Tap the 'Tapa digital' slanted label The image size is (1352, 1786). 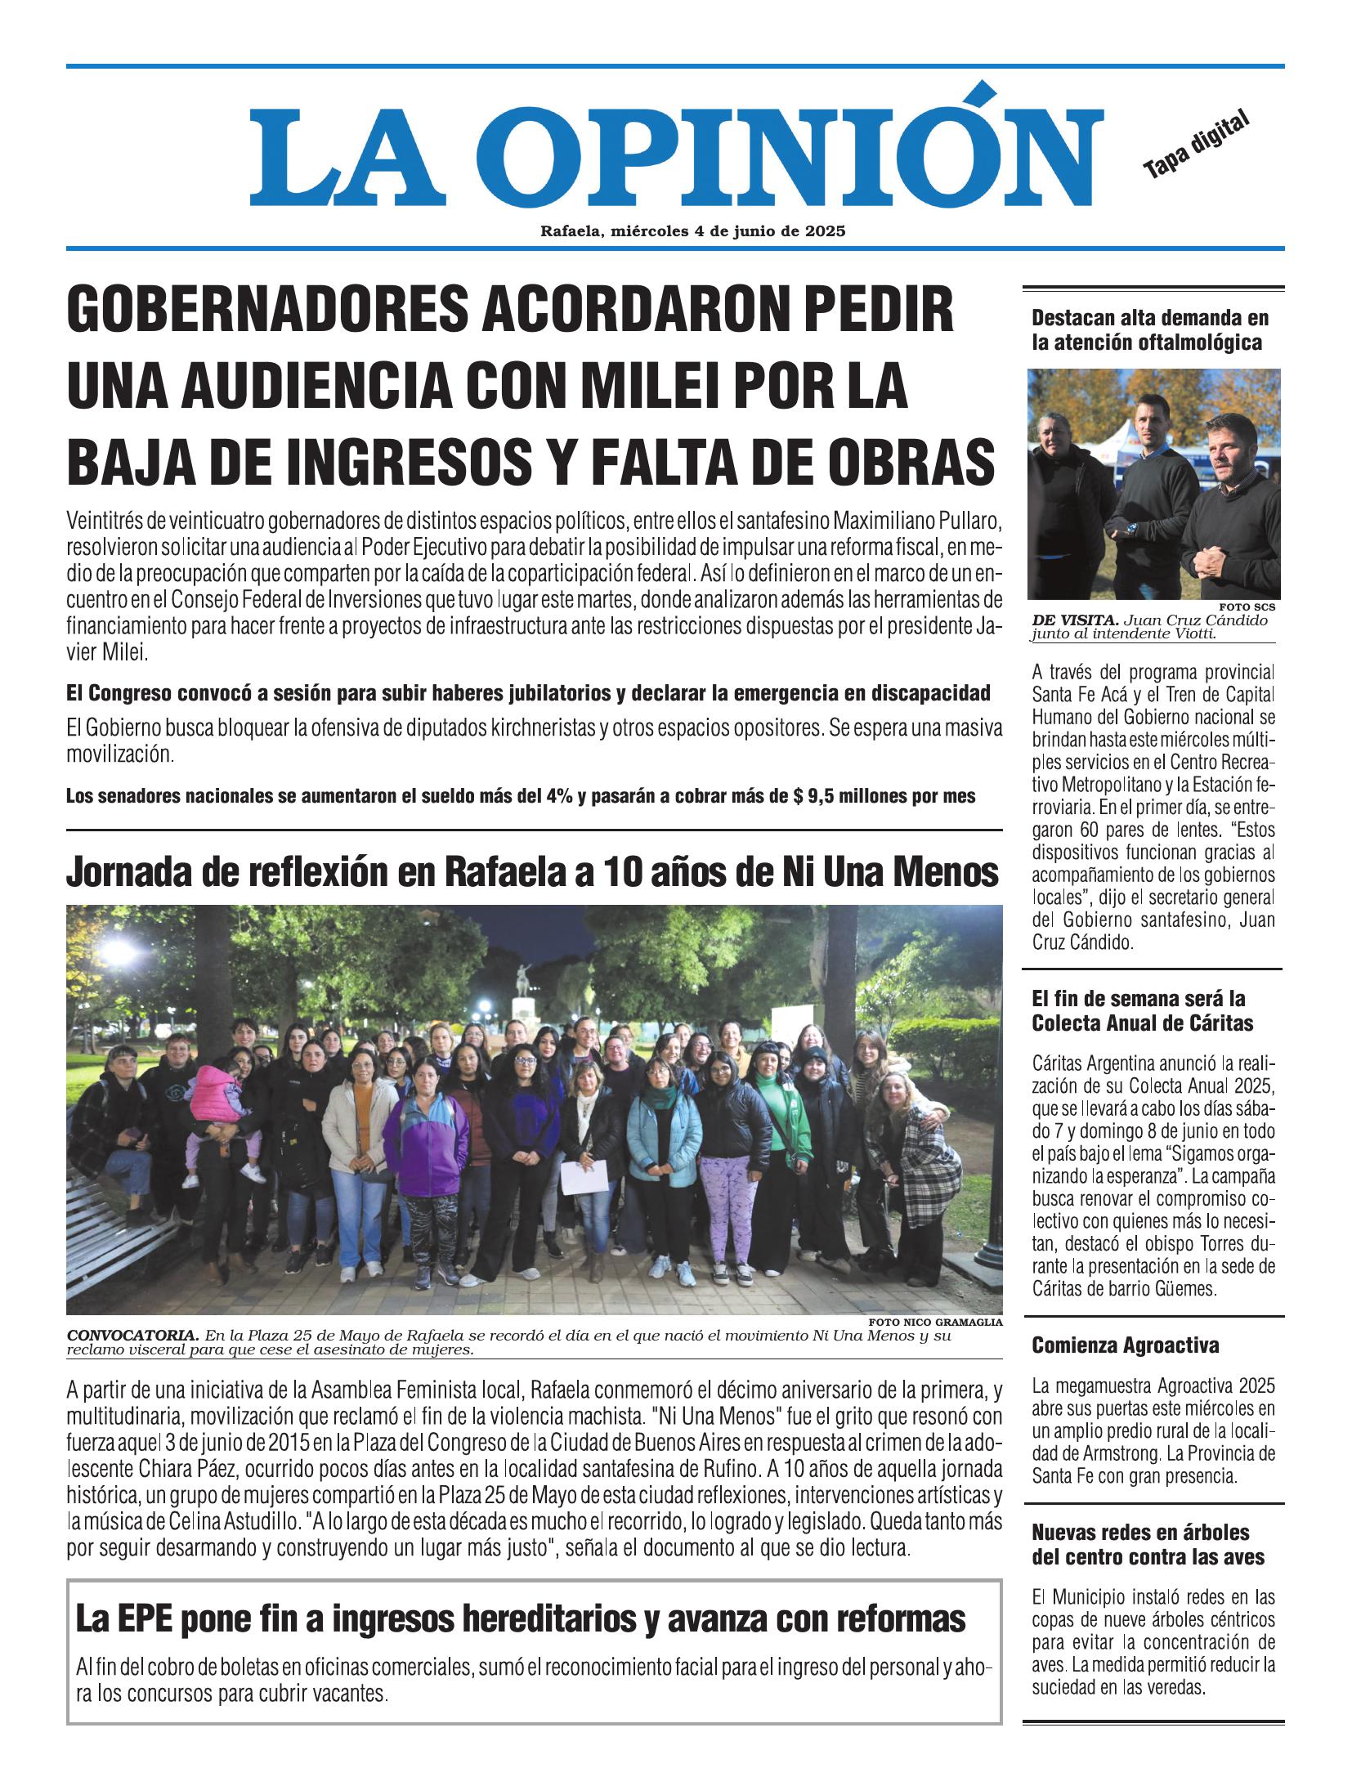1196,144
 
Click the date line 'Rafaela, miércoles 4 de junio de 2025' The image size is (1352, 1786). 692,231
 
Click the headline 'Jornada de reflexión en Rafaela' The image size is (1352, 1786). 532,874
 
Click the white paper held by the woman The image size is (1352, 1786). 589,1176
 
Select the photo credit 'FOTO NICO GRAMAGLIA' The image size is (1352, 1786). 937,1322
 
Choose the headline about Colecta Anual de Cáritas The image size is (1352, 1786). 1142,1011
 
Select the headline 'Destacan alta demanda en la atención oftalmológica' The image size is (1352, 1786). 1149,329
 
